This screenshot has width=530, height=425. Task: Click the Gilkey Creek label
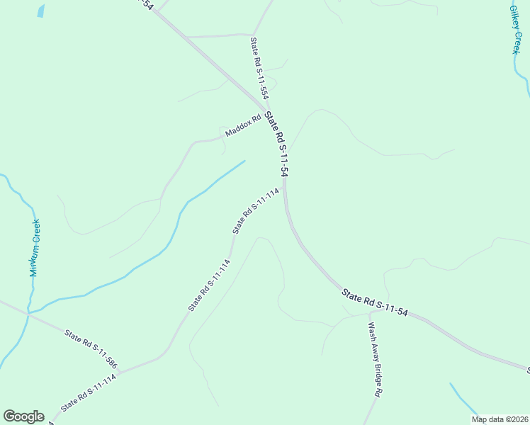pos(515,30)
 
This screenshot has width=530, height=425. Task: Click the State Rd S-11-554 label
pos(259,68)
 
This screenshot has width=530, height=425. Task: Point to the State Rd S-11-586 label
pos(91,350)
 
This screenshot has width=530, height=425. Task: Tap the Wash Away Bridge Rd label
pos(375,359)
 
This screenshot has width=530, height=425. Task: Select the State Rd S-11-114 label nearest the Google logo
pos(89,393)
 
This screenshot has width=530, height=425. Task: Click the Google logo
pos(23,416)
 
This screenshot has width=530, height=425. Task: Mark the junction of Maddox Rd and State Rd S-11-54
pos(264,114)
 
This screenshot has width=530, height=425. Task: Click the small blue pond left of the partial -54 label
pos(41,11)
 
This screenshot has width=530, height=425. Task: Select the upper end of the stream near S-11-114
pos(244,161)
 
